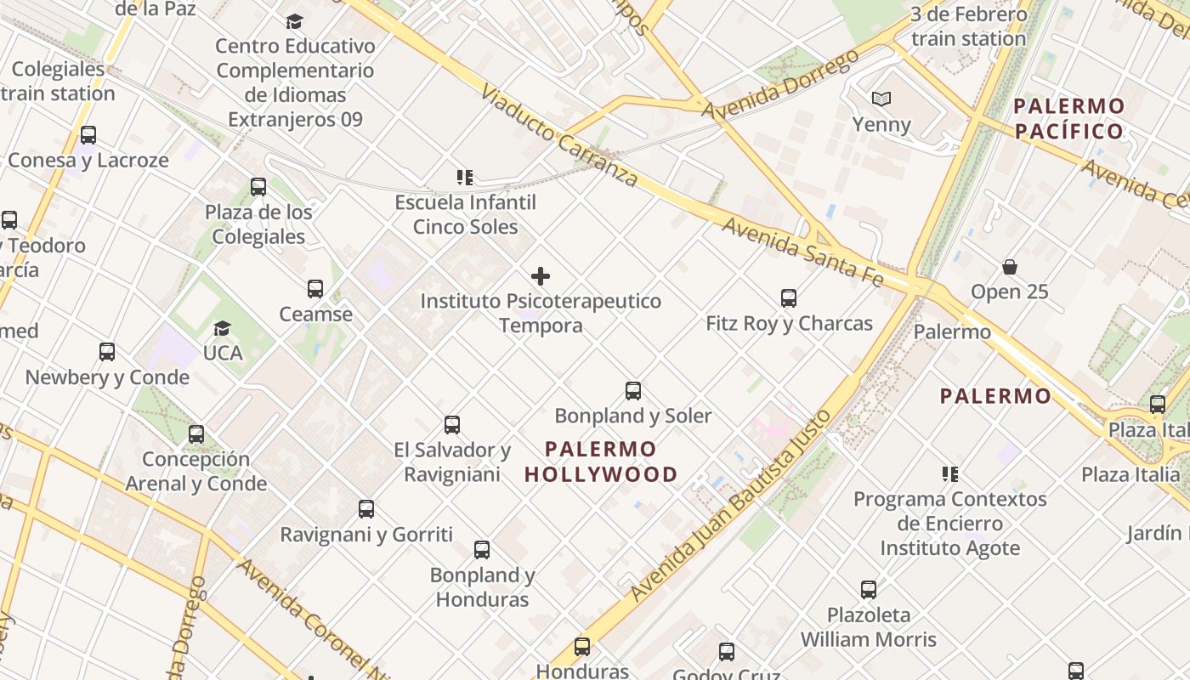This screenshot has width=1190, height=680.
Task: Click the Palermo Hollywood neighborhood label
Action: [601, 462]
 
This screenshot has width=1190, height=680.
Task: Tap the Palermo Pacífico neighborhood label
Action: [1069, 119]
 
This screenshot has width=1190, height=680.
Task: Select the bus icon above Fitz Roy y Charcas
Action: [789, 298]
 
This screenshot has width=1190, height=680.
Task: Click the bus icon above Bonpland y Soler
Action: [633, 391]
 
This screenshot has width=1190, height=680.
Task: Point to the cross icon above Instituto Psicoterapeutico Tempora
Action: [541, 276]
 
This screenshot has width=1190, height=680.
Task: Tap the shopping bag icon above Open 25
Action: [1010, 267]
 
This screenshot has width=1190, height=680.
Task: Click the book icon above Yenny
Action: [881, 99]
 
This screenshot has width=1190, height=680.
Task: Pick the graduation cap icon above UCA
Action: [222, 328]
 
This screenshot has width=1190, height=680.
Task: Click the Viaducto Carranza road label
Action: [558, 134]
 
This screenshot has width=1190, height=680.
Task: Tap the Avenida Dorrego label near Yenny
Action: [780, 85]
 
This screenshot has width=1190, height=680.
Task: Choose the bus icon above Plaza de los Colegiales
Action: [258, 187]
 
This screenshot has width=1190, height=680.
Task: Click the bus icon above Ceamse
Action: [315, 289]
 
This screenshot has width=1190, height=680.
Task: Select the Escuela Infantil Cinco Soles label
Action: [466, 214]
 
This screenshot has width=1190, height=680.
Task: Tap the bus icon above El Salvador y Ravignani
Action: [452, 425]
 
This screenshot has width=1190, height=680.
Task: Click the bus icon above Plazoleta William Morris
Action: [869, 590]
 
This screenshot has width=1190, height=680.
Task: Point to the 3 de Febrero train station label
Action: [969, 26]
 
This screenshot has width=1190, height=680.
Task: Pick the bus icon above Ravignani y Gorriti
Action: [366, 509]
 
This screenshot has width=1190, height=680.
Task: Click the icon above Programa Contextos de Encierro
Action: [950, 473]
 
